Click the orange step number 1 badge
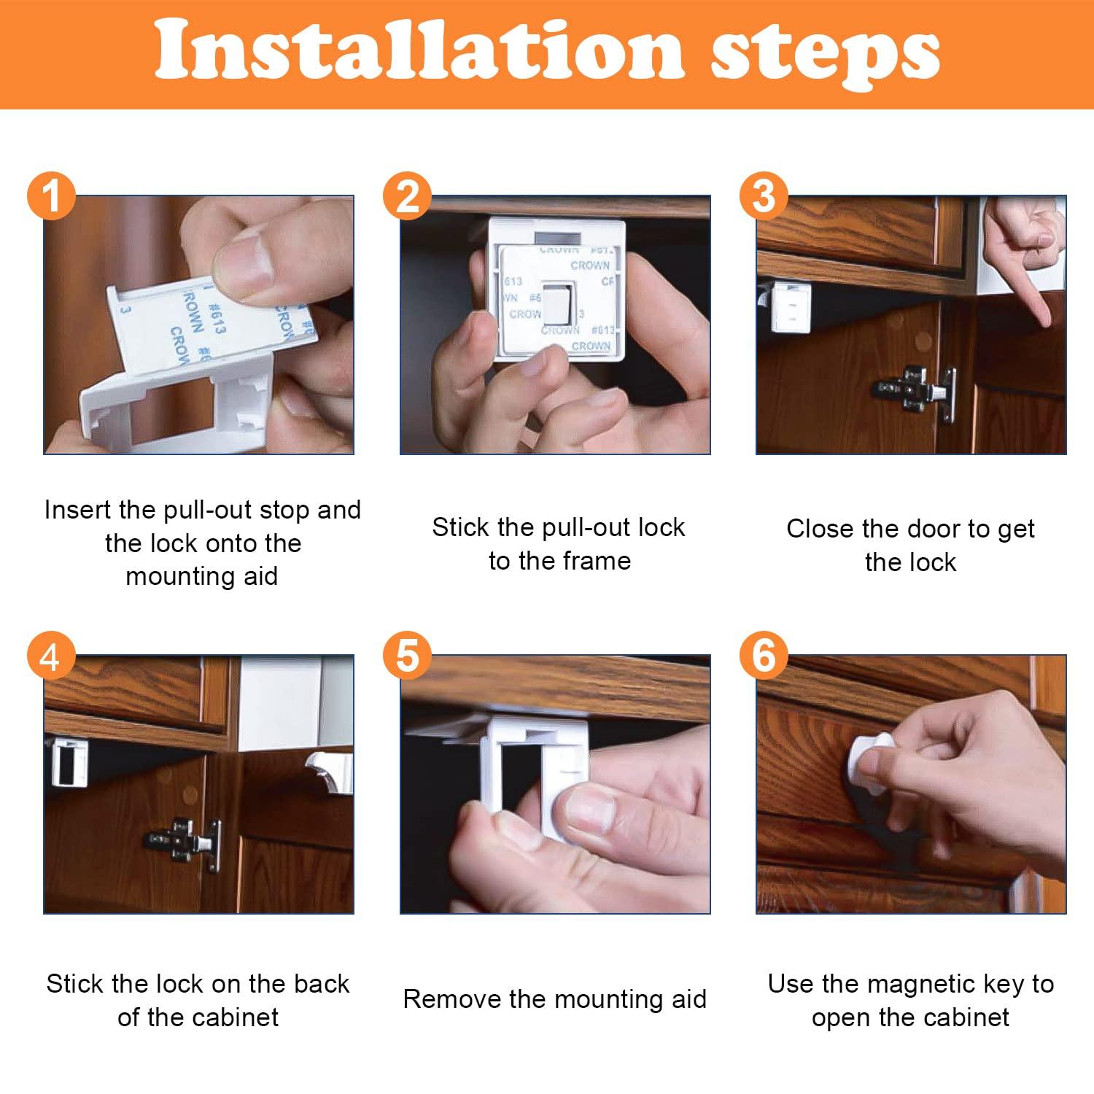click(x=51, y=196)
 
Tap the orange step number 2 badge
click(x=407, y=196)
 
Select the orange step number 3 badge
click(x=763, y=196)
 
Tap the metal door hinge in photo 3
click(x=916, y=393)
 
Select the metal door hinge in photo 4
click(x=187, y=843)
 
